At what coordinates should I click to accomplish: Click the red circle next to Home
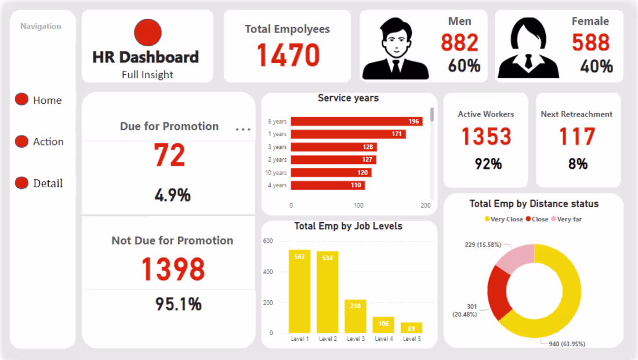click(21, 99)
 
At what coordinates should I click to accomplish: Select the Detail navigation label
click(48, 183)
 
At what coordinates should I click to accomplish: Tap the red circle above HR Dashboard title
click(147, 32)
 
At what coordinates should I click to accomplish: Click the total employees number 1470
click(288, 56)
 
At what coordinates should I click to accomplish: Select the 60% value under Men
click(464, 66)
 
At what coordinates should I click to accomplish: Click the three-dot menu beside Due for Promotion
click(243, 129)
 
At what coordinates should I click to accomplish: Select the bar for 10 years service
click(331, 173)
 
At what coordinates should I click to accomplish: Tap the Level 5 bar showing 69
click(411, 328)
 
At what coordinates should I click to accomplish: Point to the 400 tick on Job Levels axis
click(268, 272)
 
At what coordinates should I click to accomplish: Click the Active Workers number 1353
click(486, 137)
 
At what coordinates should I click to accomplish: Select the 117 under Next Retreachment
click(577, 137)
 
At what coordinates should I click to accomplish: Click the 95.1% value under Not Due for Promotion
click(178, 304)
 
